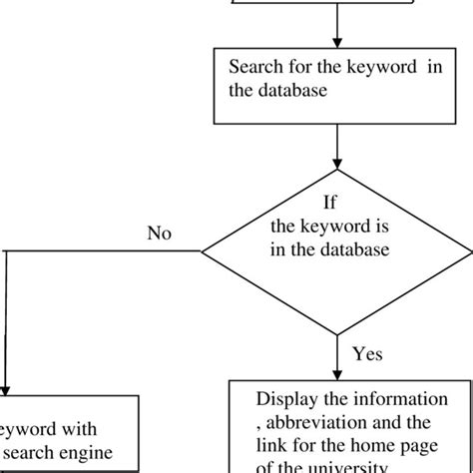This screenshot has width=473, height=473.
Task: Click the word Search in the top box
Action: pos(254,68)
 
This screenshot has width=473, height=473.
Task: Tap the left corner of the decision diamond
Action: pos(204,249)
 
